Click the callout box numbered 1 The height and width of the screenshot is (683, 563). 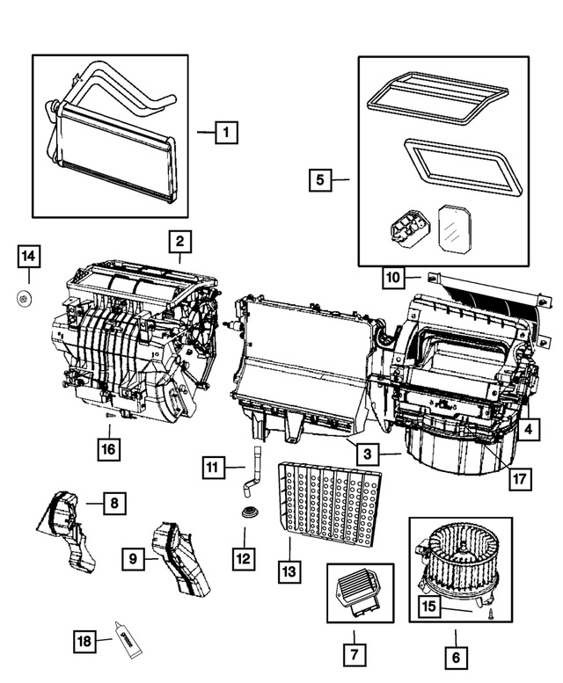[226, 133]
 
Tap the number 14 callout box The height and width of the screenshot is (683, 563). [28, 256]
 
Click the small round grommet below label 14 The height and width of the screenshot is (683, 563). [25, 299]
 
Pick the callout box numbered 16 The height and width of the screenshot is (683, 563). [108, 451]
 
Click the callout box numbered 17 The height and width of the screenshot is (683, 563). [520, 480]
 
